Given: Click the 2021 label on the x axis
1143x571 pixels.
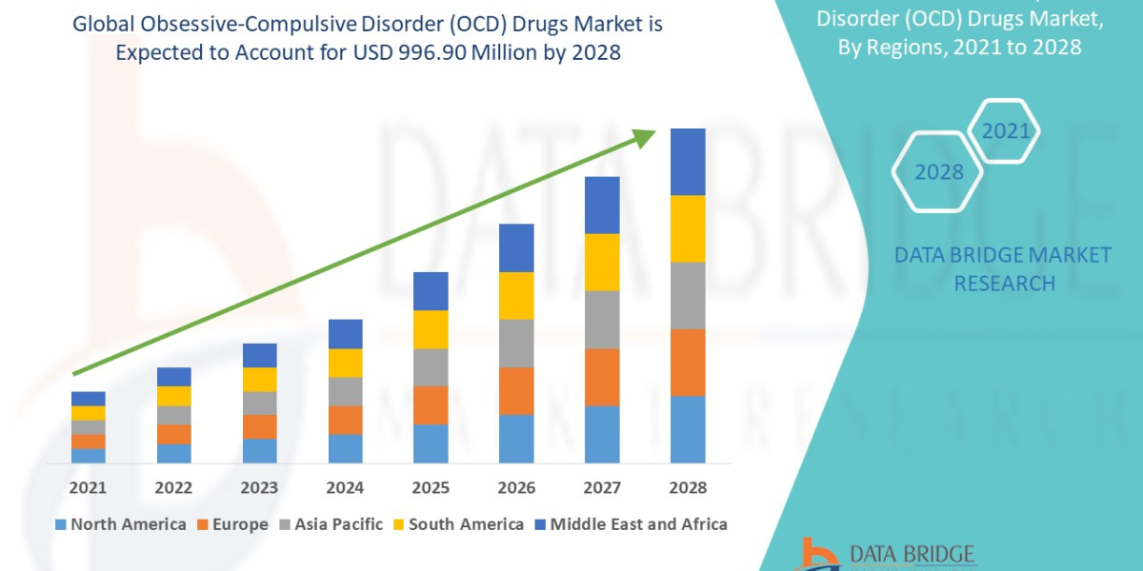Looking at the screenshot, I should coord(89,487).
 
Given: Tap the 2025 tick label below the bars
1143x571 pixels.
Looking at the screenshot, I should coord(431,487).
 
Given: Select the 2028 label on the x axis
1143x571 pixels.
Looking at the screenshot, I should coord(688,487).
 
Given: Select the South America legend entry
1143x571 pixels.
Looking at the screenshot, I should coord(457,524).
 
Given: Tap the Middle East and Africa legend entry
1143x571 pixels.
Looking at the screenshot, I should coord(630,524).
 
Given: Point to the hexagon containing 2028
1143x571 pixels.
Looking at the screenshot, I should coord(937,172).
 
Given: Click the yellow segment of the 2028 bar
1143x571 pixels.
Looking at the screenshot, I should coord(688,228).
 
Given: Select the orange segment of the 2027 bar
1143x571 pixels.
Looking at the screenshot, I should coord(602,377).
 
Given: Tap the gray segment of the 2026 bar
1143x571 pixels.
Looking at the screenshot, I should coord(516,343).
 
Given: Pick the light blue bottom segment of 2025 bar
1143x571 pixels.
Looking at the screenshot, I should coord(431,443).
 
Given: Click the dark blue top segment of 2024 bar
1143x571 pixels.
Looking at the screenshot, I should coord(346,334).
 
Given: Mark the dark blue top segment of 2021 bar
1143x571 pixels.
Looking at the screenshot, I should coord(89,398).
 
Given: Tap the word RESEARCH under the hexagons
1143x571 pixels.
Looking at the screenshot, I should coord(1004,284).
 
